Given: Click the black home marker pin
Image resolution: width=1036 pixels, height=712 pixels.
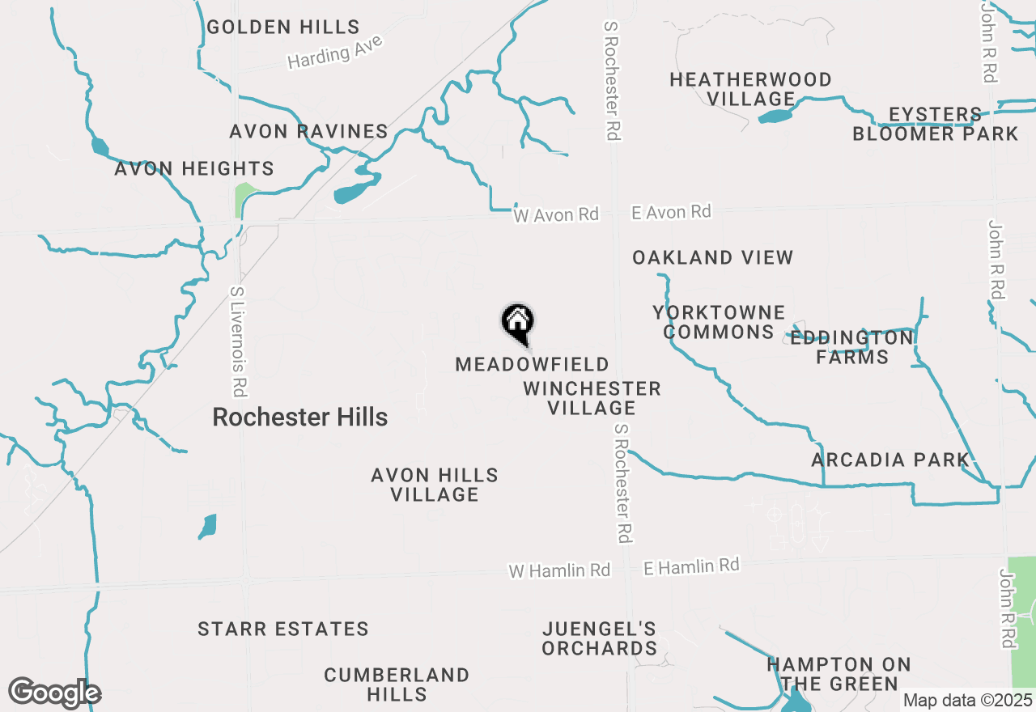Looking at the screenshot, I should click(x=518, y=323).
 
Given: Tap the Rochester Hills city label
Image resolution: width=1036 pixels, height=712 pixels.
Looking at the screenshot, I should click(x=299, y=417).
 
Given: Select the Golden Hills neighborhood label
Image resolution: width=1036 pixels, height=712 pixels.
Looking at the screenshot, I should click(x=283, y=27).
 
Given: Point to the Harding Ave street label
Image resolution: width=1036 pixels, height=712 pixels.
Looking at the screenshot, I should click(x=334, y=53).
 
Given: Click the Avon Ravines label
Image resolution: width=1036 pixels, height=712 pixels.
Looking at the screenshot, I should click(x=308, y=131).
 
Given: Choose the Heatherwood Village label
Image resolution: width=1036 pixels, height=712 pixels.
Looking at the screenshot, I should click(x=750, y=89).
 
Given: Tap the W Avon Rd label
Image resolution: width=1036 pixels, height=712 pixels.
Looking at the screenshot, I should click(x=556, y=215).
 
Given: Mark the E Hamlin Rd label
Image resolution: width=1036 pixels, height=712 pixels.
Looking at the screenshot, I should click(x=691, y=566).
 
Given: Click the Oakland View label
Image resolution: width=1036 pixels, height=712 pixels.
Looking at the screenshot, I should click(x=712, y=257).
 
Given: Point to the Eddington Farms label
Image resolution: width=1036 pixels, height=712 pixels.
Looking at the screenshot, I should click(x=852, y=347).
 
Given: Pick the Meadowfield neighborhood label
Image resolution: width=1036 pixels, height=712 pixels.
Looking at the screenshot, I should click(x=532, y=365).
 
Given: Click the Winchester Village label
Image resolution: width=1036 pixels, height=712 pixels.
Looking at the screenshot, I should click(x=592, y=398).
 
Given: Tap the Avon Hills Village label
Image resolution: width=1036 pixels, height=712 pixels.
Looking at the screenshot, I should click(x=435, y=485).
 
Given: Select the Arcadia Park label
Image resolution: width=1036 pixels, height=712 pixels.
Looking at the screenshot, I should click(x=890, y=460).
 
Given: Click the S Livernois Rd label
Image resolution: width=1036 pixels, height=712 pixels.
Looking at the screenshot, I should click(x=237, y=341).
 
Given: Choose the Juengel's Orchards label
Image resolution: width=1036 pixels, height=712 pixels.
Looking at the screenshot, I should click(x=600, y=638).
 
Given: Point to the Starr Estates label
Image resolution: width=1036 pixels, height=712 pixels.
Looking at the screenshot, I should click(x=283, y=629).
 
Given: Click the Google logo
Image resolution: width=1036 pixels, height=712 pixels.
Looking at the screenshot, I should click(x=54, y=693).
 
